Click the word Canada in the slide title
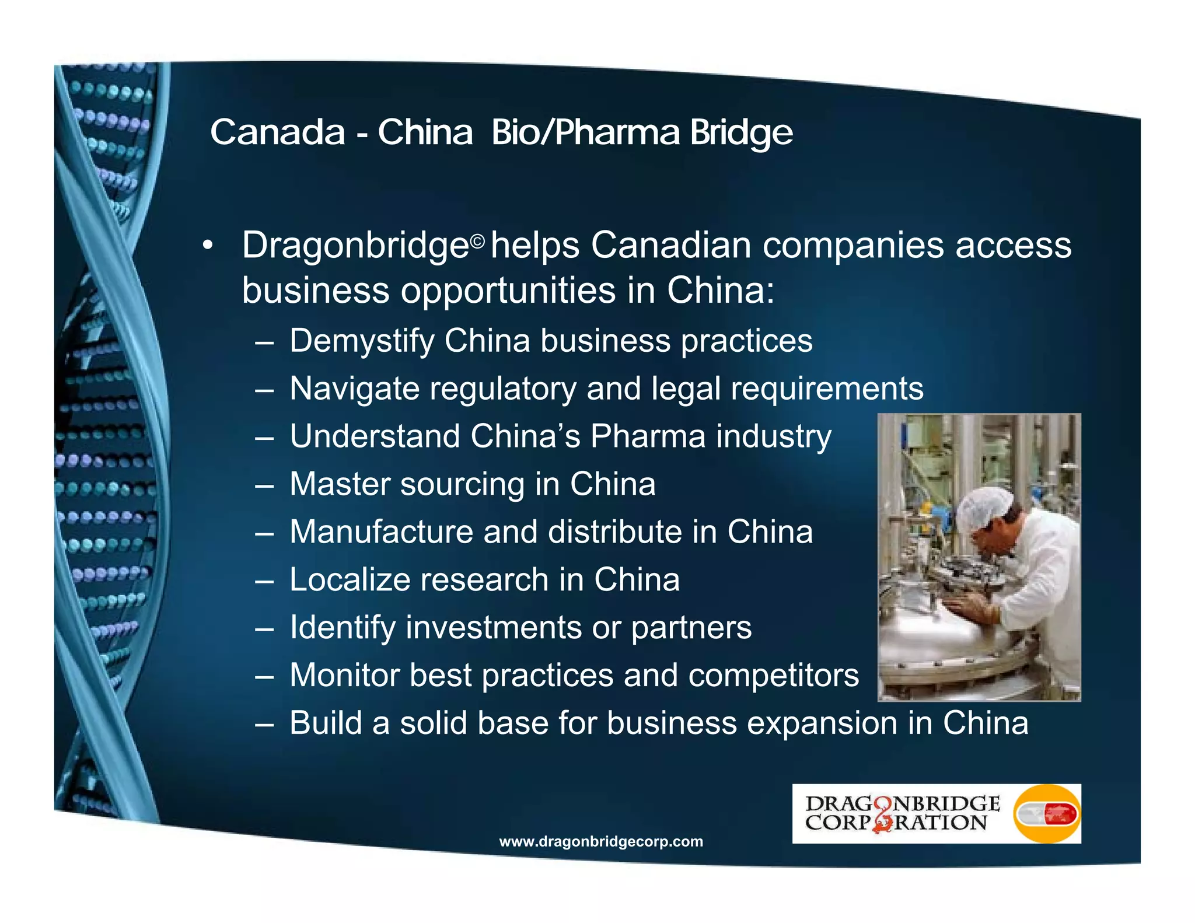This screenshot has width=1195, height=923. click(x=277, y=132)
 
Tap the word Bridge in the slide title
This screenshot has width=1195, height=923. click(x=741, y=133)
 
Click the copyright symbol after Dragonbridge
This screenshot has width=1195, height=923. click(x=478, y=241)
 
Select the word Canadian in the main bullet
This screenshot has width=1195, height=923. click(x=670, y=245)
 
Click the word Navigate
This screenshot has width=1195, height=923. click(x=355, y=389)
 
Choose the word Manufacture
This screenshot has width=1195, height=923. click(x=381, y=532)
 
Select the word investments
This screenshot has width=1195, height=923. click(x=494, y=628)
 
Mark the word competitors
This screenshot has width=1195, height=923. click(x=773, y=676)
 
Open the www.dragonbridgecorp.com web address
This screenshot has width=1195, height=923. click(x=601, y=841)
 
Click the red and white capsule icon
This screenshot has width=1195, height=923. click(x=1047, y=814)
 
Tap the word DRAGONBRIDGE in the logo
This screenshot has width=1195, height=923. click(x=902, y=803)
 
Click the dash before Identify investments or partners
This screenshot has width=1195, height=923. click(x=264, y=629)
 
